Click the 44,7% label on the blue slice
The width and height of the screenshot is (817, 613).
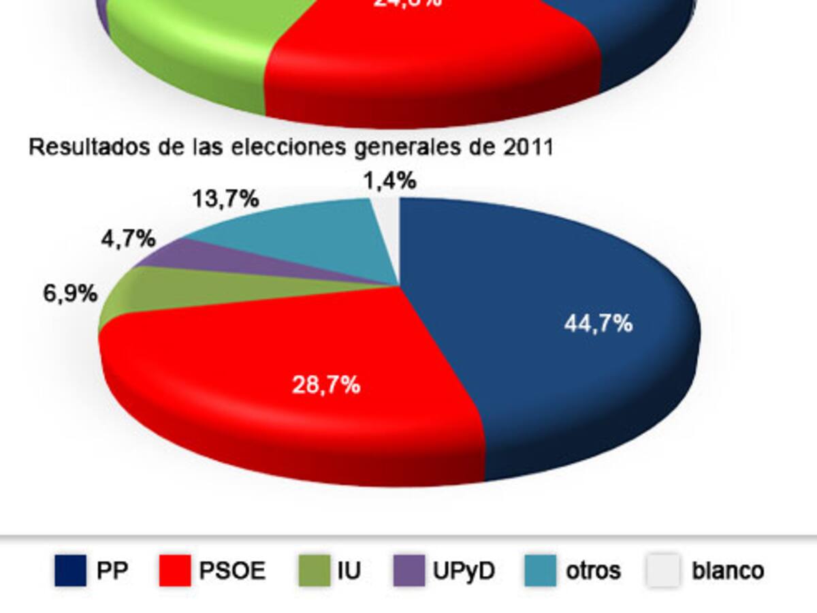(x=598, y=324)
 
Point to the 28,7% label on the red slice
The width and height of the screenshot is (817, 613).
(x=325, y=386)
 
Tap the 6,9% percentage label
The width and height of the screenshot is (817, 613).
(x=70, y=294)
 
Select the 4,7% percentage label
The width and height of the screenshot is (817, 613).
(x=129, y=240)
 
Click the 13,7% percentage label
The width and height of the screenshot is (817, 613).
(x=225, y=199)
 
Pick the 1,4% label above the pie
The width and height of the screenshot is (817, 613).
(x=389, y=181)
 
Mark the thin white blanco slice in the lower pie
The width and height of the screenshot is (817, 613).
(x=385, y=232)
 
